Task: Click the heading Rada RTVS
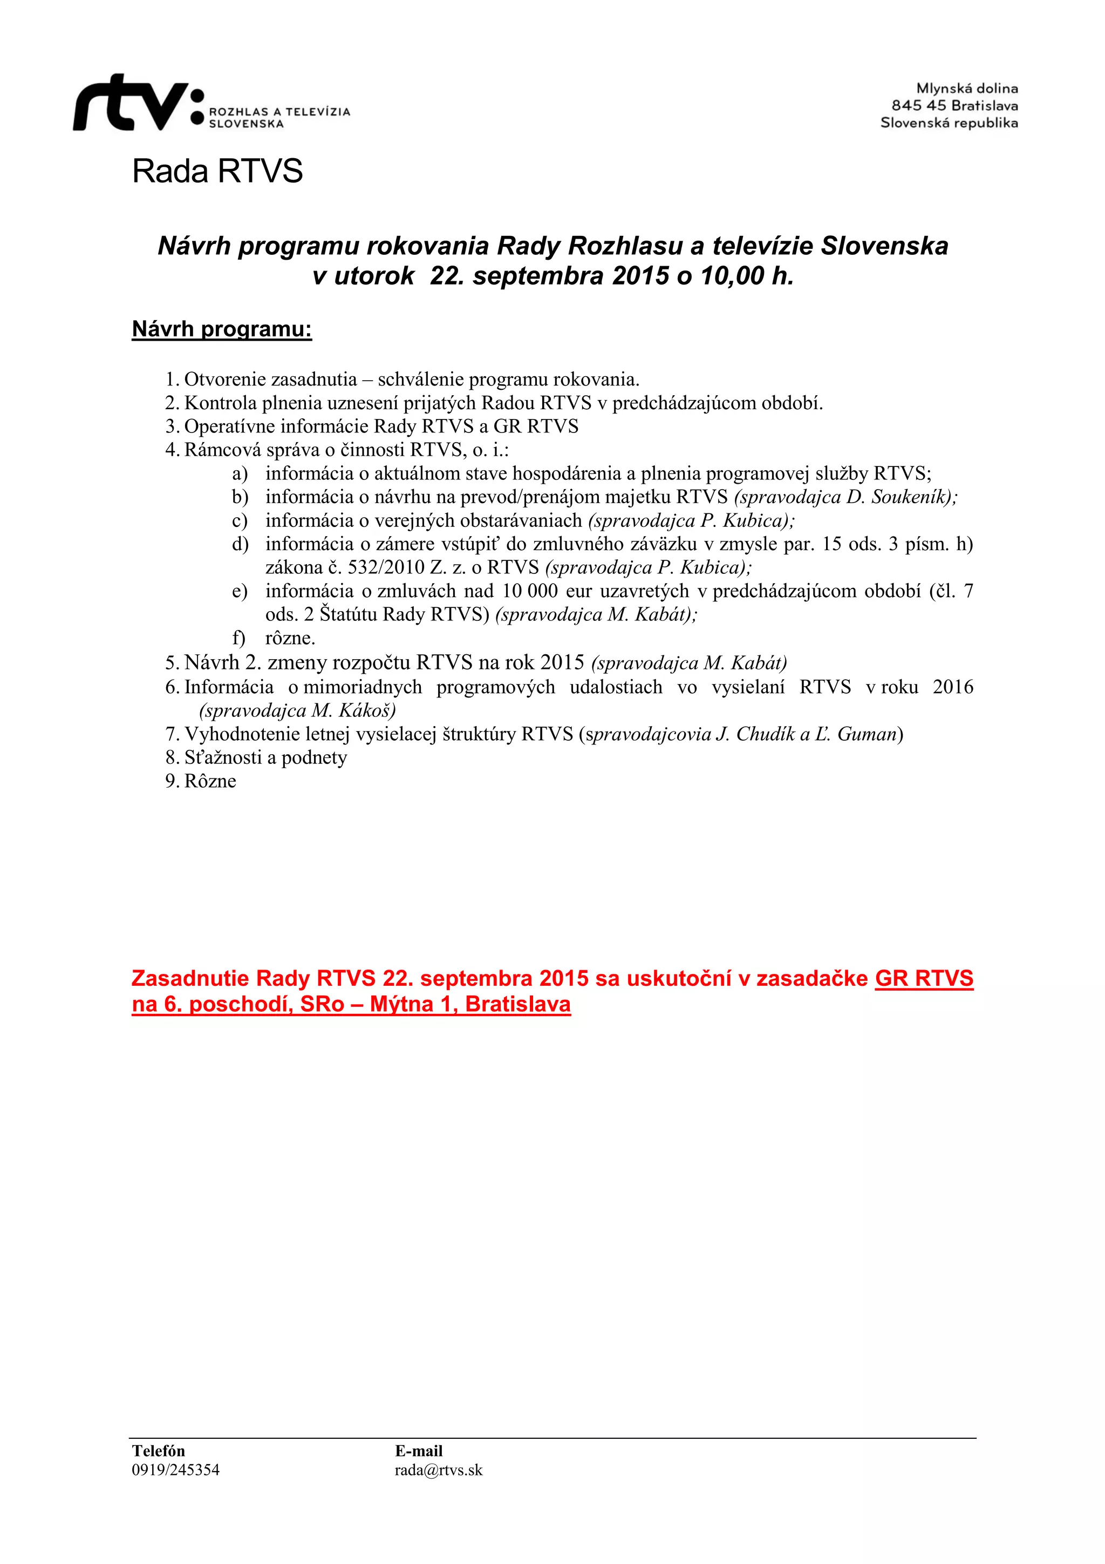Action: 217,171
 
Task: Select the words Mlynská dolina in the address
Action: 967,89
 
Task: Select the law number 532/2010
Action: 386,567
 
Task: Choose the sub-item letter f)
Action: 238,638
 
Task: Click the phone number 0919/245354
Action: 176,1470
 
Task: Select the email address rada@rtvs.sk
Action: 439,1470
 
